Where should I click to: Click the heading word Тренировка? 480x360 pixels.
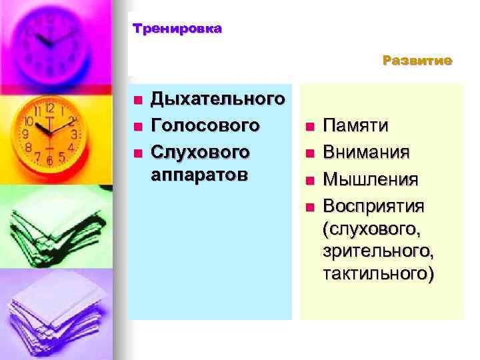click(177, 29)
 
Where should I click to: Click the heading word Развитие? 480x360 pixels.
click(417, 61)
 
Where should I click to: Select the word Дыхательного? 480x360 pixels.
click(219, 100)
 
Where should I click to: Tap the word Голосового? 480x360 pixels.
click(205, 125)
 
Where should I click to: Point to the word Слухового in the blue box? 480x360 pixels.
click(201, 151)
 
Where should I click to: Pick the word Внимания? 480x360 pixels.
click(366, 153)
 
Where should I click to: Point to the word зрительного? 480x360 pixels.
click(377, 251)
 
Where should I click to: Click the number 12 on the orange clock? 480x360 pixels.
click(49, 107)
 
